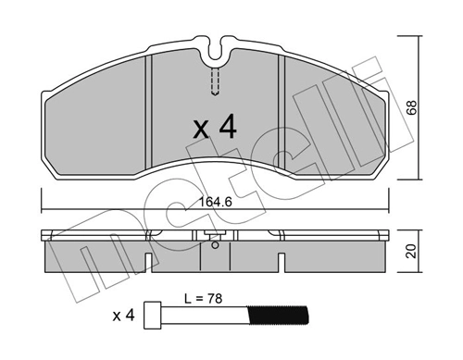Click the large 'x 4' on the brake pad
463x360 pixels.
click(215, 127)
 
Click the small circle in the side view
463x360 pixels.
click(215, 245)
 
